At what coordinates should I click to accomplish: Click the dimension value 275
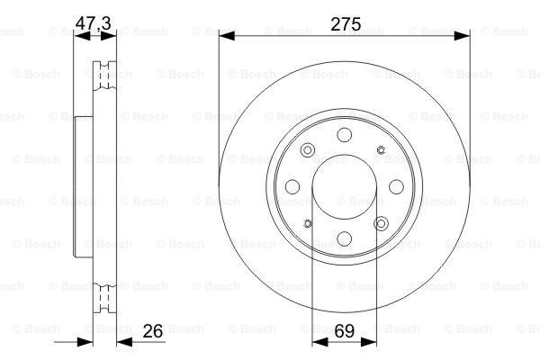(x=346, y=24)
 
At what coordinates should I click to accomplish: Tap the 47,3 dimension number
(x=93, y=23)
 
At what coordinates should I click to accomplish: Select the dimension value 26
(x=153, y=331)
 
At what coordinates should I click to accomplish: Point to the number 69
(x=344, y=331)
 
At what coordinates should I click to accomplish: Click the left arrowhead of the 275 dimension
(x=227, y=35)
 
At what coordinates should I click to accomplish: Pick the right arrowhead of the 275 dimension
(x=462, y=35)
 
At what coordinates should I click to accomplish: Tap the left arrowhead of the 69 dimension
(x=319, y=342)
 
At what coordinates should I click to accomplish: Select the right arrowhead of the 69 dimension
(x=369, y=342)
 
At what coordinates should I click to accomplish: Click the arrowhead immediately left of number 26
(x=124, y=342)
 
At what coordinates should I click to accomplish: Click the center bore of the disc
(x=345, y=186)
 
